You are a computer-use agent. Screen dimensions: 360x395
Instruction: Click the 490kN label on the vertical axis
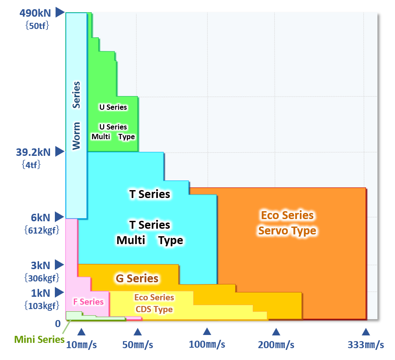coord(35,12)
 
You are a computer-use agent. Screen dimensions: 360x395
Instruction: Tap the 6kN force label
coord(41,217)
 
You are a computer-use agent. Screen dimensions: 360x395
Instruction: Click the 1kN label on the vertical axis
coord(41,292)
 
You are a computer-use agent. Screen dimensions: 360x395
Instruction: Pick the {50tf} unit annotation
coord(37,25)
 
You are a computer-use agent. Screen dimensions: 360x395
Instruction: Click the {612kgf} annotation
coord(41,230)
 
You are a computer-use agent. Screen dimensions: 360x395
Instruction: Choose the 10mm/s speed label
coord(81,345)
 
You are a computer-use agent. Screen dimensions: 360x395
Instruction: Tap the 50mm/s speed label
coord(137,345)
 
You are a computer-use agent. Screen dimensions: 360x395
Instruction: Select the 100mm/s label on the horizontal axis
coord(207,344)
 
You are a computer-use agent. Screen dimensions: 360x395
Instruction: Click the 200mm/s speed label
coord(276,345)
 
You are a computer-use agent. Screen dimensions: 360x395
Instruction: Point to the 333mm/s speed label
coord(366,345)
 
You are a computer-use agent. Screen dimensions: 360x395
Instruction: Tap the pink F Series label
coord(88,302)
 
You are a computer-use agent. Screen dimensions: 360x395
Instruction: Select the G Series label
coord(137,278)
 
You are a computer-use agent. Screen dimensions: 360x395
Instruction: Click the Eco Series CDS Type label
coord(154,303)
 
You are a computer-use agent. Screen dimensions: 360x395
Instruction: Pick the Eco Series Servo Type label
coord(287,223)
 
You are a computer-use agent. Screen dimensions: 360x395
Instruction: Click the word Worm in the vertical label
coord(76,136)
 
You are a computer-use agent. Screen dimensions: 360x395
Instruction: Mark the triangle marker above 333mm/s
coord(366,332)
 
